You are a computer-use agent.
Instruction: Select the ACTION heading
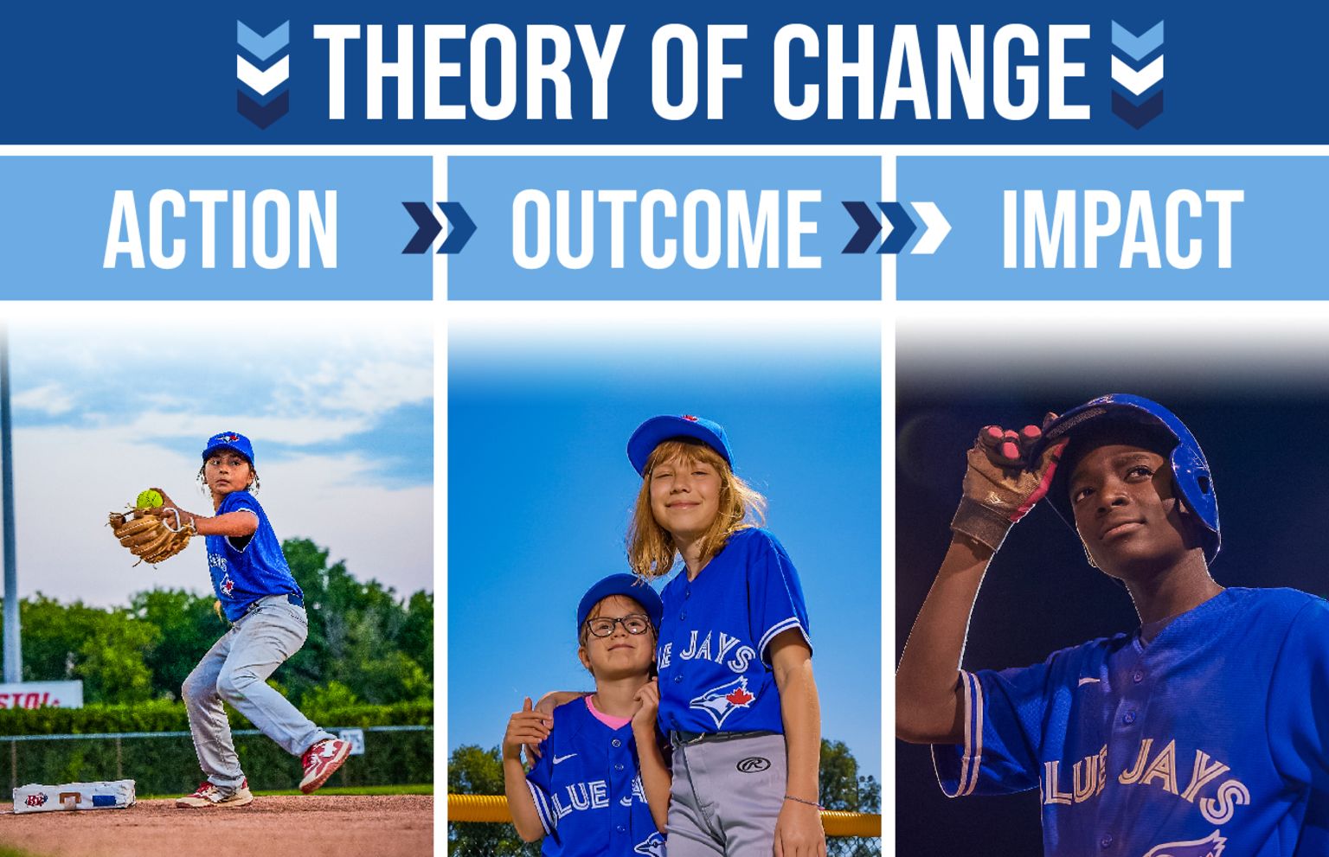point(221,229)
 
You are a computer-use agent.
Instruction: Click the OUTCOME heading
point(664,229)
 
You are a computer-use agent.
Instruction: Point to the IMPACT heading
point(1122,229)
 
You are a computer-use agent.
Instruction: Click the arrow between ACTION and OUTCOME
point(439,228)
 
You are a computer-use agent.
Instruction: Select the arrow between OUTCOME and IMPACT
point(896,228)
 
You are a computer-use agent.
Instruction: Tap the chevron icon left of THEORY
point(263,74)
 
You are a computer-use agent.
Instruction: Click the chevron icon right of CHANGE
point(1136,74)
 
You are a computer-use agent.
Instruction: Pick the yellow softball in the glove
point(149,500)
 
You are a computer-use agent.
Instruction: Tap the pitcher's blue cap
point(228,446)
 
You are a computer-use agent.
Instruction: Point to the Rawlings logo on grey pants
point(753,764)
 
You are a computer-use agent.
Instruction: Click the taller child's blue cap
point(678,438)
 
